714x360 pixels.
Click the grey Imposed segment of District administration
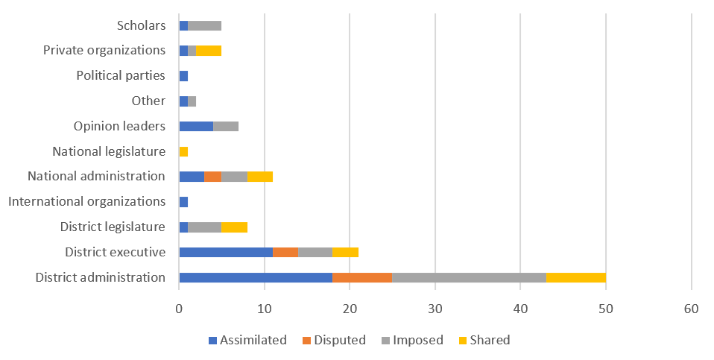pyautogui.click(x=469, y=277)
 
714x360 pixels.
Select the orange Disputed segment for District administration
pyautogui.click(x=362, y=277)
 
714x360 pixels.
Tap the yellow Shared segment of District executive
pyautogui.click(x=345, y=252)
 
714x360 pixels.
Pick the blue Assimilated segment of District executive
pyautogui.click(x=226, y=252)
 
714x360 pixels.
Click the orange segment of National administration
pyautogui.click(x=212, y=177)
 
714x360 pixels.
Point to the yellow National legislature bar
pyautogui.click(x=183, y=151)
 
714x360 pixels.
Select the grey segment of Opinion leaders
pyautogui.click(x=226, y=126)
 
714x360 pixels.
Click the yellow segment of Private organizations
pyautogui.click(x=209, y=51)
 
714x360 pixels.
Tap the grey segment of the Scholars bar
pyautogui.click(x=204, y=25)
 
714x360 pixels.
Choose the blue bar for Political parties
pyautogui.click(x=183, y=76)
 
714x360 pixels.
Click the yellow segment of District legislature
pyautogui.click(x=234, y=227)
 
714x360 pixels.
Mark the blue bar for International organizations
pyautogui.click(x=183, y=202)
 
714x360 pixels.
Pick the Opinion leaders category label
pyautogui.click(x=119, y=126)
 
